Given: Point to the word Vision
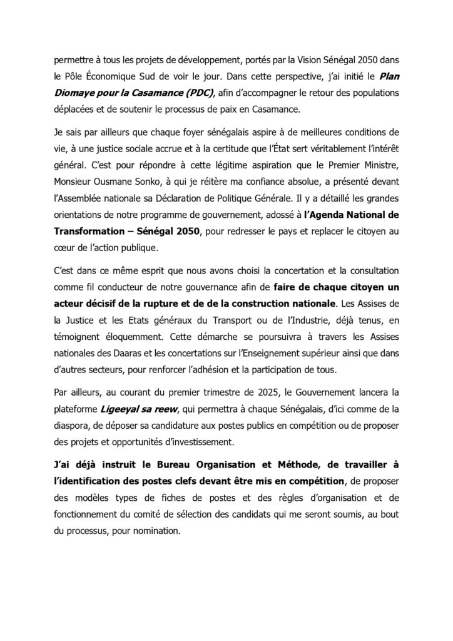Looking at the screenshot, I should click(x=302, y=61).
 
